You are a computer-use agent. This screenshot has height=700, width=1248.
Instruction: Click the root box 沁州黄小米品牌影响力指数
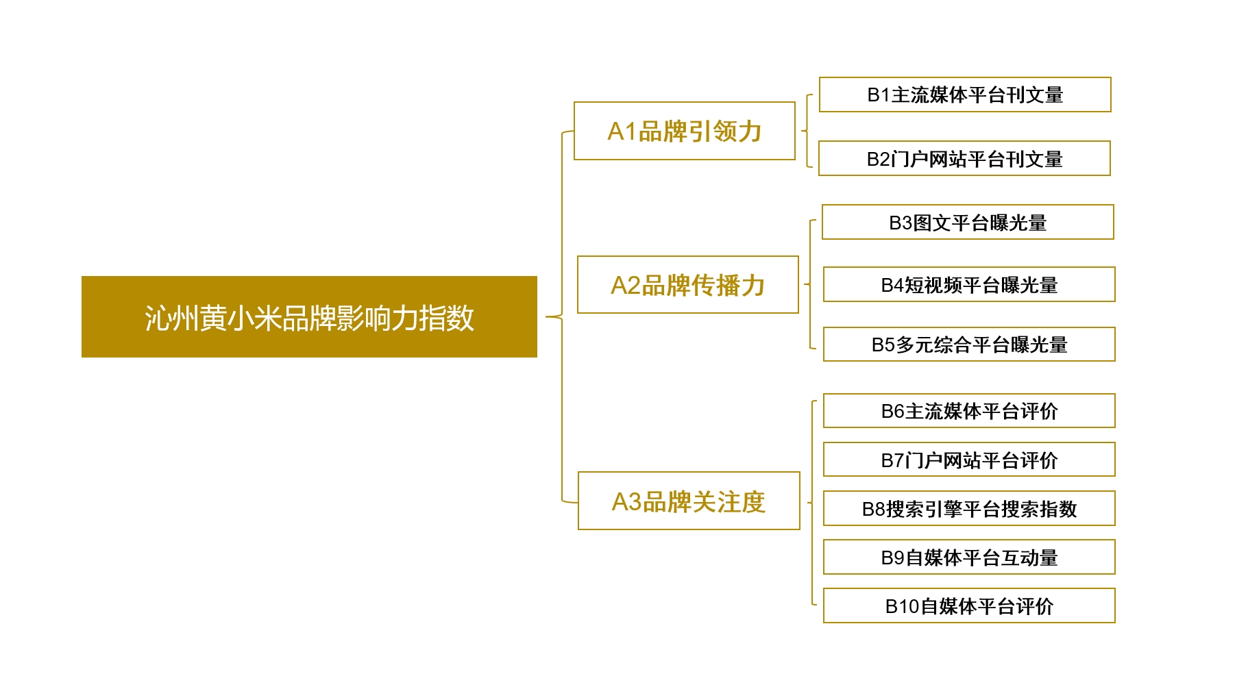309,316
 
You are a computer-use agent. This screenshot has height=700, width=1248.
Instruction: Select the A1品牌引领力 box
684,131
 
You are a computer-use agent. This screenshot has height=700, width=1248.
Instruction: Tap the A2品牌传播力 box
687,285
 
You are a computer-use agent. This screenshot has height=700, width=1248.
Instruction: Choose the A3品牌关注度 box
689,501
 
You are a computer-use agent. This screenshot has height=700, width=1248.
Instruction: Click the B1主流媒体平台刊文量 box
965,95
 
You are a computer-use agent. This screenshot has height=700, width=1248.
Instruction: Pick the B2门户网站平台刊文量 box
964,158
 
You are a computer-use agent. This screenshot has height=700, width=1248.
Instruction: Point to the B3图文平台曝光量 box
968,222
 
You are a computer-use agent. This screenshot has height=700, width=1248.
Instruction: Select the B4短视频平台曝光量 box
969,284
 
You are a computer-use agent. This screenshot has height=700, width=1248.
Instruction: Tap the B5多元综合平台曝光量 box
969,344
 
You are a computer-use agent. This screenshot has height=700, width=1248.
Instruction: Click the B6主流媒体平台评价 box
969,410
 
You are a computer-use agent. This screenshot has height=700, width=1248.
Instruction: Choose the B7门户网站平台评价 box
969,460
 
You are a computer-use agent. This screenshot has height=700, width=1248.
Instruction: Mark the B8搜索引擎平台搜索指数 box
969,508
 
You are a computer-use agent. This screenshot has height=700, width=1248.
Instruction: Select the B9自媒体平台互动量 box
969,557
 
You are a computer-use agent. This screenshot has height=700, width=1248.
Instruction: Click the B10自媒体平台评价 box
969,605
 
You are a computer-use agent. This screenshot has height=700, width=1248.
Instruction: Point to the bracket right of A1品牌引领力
807,131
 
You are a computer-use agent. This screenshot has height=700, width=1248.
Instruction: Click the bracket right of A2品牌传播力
810,284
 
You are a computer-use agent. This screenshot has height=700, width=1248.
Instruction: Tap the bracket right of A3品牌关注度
812,503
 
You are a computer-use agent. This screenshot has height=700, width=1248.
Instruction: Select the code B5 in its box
883,345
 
